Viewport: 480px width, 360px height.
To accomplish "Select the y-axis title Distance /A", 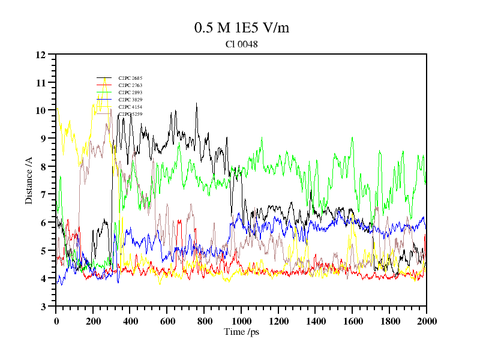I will click(29, 181).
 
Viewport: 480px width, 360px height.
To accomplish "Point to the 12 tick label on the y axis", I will click(41, 55).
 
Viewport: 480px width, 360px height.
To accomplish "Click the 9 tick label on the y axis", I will click(43, 139).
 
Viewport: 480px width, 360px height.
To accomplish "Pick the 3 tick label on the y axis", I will click(43, 307).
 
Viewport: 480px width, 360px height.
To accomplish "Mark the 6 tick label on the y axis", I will click(43, 223).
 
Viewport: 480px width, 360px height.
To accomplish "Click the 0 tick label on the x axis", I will click(56, 321).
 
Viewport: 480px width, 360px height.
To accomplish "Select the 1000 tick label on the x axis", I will click(241, 321).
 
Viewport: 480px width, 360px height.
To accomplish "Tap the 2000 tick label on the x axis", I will click(426, 321).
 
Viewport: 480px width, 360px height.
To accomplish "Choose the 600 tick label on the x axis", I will click(167, 321).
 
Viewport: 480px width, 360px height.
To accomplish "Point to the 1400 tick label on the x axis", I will click(316, 321).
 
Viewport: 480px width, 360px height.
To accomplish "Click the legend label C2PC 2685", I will click(130, 78).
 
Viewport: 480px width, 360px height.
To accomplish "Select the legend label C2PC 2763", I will click(130, 85).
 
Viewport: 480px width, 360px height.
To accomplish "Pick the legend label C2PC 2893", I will click(130, 92).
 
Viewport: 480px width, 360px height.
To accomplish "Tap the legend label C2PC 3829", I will click(130, 100).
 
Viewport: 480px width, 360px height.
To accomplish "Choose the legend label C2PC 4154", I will click(130, 107).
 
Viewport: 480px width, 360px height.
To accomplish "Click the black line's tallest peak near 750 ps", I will click(196, 104).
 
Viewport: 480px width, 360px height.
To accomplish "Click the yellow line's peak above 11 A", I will click(105, 77).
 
